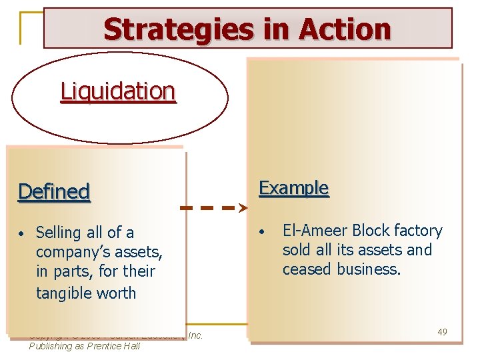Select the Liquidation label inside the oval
click(x=118, y=91)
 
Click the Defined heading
click(x=54, y=192)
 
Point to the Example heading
click(x=293, y=188)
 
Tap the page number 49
click(x=442, y=331)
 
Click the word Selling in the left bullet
click(x=59, y=233)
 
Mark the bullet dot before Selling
click(x=22, y=233)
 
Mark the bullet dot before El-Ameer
click(x=263, y=231)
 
